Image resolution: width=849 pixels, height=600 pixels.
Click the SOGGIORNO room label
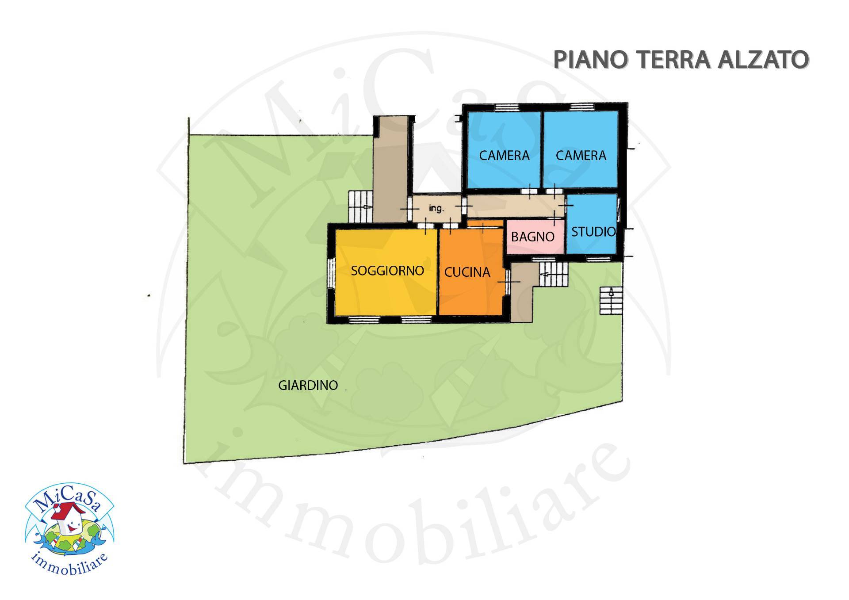click(x=387, y=270)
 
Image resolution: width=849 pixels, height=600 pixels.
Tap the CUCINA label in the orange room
click(x=467, y=272)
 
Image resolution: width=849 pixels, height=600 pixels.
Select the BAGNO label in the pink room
click(x=532, y=237)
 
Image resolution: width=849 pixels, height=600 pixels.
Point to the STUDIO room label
click(x=593, y=231)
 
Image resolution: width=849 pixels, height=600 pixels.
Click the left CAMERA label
click(x=504, y=155)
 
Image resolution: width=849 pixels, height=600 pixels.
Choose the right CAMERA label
click(x=581, y=155)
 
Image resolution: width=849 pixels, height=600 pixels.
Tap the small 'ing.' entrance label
click(x=436, y=209)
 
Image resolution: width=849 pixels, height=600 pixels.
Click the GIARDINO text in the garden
click(x=308, y=385)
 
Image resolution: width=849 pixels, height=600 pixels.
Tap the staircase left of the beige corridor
click(x=360, y=206)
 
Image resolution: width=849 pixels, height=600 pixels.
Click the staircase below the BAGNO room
click(x=553, y=275)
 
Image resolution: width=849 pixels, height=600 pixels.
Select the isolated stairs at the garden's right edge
click(x=611, y=300)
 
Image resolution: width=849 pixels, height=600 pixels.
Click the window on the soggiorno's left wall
click(x=330, y=272)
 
